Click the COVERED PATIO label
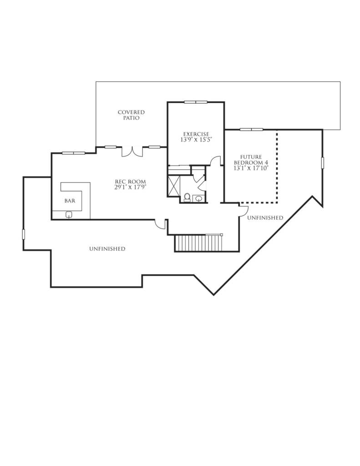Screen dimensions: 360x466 (x=131, y=115)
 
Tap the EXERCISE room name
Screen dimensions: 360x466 (x=196, y=134)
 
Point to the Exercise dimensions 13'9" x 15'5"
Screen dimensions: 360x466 (x=196, y=140)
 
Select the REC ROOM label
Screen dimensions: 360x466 (x=131, y=182)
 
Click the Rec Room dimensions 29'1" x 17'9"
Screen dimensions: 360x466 (x=131, y=187)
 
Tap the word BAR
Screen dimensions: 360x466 (x=70, y=201)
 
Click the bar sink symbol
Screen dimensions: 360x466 (x=69, y=214)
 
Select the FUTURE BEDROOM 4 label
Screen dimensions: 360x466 (x=251, y=160)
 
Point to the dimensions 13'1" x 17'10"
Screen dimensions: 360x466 (x=251, y=168)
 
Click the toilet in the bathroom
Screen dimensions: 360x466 (x=187, y=198)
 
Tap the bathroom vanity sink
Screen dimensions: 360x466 (x=199, y=198)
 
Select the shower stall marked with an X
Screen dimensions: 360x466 (x=173, y=186)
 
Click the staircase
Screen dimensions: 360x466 (x=198, y=243)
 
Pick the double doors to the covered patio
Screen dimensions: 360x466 (x=132, y=152)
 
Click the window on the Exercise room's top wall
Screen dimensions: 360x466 (x=196, y=102)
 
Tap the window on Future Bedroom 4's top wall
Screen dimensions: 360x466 (x=252, y=130)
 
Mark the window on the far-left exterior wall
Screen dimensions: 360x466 (x=24, y=234)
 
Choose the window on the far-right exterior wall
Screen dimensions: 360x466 (x=323, y=163)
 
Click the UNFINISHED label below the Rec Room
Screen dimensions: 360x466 (x=107, y=249)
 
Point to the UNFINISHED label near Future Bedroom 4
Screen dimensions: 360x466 (x=265, y=218)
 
